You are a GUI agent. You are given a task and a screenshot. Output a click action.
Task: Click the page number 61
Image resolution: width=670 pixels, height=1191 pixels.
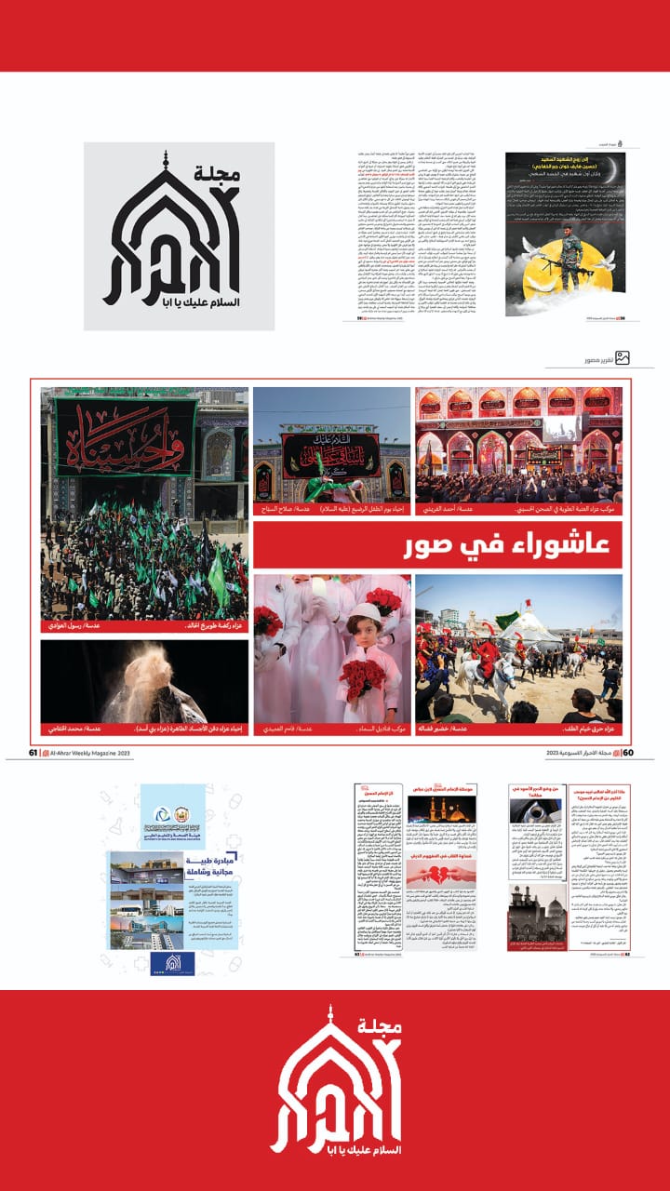(33, 753)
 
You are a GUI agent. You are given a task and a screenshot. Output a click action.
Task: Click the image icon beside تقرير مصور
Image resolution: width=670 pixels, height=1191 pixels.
(623, 357)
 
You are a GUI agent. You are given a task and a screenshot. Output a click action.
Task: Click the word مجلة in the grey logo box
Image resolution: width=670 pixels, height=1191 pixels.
(218, 173)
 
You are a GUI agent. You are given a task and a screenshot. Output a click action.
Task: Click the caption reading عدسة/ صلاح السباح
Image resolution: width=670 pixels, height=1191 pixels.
(289, 511)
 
